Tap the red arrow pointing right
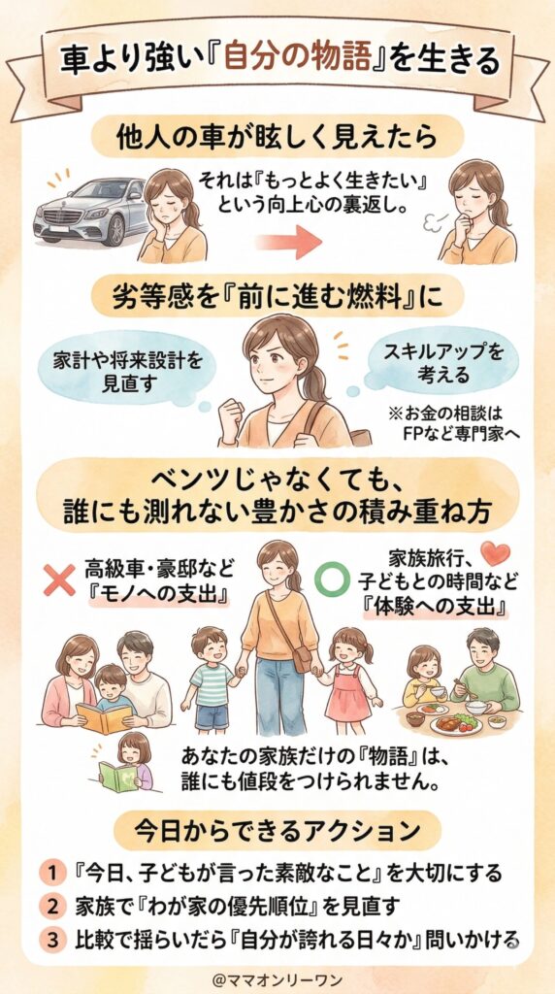(289, 241)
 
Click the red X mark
(60, 580)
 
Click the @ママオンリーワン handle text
(277, 977)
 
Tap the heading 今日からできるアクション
(277, 831)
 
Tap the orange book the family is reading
(105, 717)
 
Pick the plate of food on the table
(456, 723)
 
